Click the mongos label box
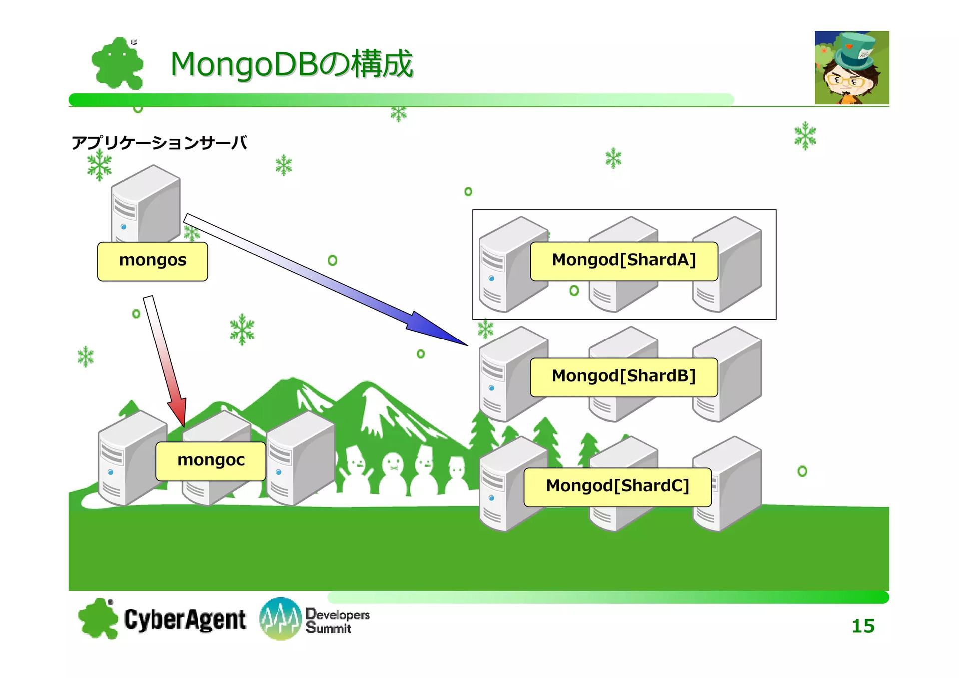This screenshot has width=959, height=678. pos(153,261)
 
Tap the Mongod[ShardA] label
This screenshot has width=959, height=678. pos(624,261)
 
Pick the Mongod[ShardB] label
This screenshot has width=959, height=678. pos(624,377)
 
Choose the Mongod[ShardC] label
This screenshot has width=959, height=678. pos(618,487)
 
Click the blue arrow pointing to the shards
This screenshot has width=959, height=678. pos(326,280)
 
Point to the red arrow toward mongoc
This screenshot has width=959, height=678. pos(165,361)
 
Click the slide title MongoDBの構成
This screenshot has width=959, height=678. pos(292,64)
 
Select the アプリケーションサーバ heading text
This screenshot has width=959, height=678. pos(159,143)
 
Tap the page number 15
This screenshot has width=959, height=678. pos(863,626)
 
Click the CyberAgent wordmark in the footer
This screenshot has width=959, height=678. pos(185,620)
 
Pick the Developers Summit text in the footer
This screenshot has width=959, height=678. pos(337,621)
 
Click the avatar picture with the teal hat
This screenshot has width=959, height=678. pos(852,68)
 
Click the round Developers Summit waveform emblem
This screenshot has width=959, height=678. pos(280,619)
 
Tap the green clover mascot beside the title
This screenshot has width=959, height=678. pos(118,63)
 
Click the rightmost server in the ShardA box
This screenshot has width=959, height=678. pos(727,264)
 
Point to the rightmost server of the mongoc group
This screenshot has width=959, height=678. pos(301,458)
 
